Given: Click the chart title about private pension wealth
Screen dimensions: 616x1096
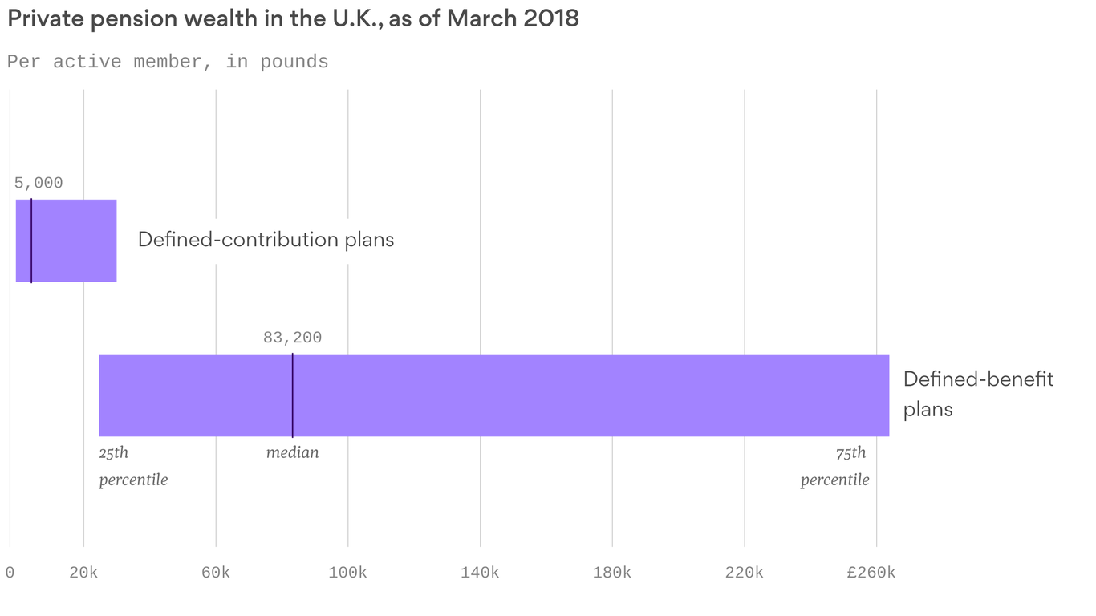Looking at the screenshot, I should point(293,19).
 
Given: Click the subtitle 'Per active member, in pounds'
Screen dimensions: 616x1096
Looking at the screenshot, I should point(168,62).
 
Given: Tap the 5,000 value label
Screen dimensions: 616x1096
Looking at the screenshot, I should point(39,183).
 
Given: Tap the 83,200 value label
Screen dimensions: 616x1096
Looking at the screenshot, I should point(292,338).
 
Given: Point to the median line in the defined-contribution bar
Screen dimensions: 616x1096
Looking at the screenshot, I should point(31,241).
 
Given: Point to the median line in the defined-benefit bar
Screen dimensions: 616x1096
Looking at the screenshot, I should point(292,395).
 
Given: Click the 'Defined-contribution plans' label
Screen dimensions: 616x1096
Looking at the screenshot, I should point(266,240).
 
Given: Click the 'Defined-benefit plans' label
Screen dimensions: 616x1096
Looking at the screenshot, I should point(978,394).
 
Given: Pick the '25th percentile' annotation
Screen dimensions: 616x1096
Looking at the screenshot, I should point(132,466).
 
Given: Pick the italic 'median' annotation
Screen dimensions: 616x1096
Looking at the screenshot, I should point(292,452).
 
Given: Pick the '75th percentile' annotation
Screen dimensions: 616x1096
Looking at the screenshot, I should point(835,466).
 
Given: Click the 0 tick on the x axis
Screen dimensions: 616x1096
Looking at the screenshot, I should point(10,573).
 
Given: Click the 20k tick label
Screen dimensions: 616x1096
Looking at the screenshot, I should point(83,573).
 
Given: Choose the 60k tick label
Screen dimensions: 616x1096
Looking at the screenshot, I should point(215,573).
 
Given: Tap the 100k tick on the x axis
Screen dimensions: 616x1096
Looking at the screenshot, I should point(347,573).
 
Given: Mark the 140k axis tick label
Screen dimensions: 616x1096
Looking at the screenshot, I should point(480,573).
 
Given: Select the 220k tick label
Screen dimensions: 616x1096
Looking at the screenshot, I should point(744,573).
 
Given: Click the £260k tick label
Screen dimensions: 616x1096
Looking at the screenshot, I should point(871,573).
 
